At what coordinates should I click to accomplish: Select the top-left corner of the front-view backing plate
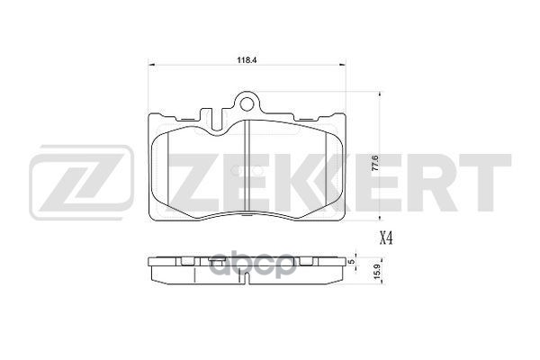click(151, 115)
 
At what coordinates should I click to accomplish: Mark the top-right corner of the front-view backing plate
click(346, 115)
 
